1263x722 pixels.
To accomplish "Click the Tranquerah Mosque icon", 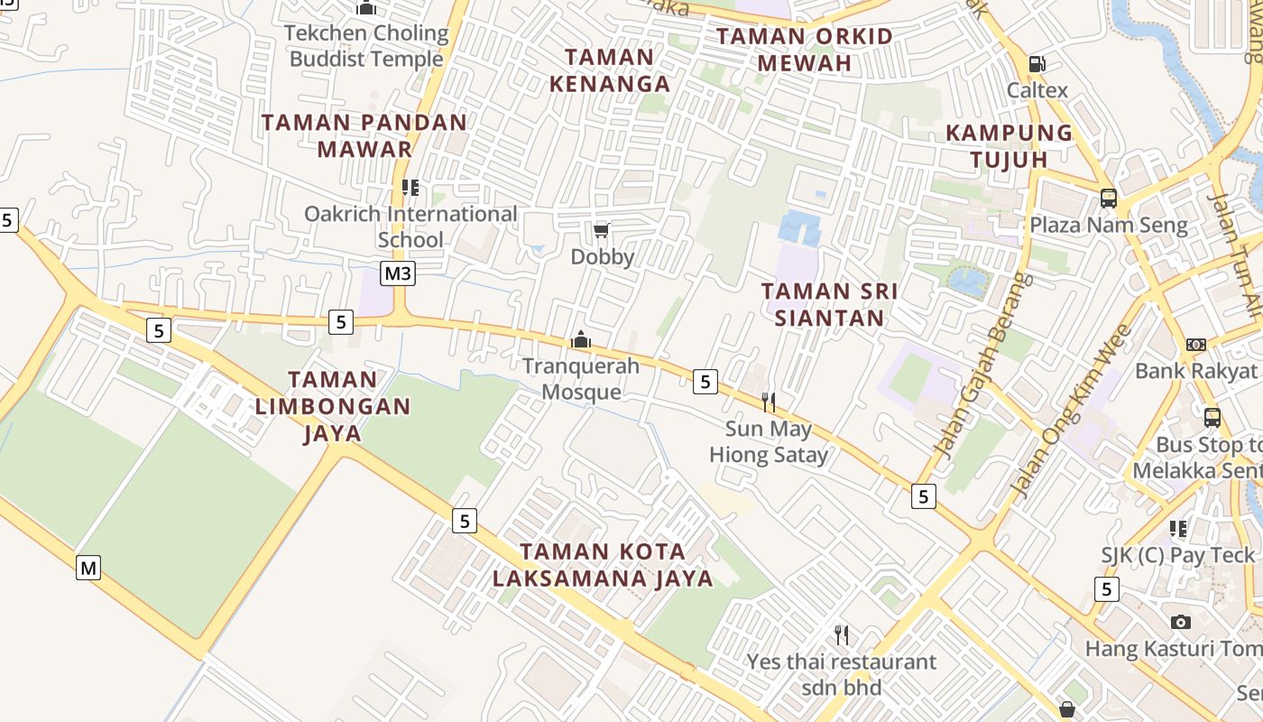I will click(581, 340).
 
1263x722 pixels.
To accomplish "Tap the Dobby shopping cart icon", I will click(602, 231).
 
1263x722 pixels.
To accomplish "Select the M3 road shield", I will click(398, 273).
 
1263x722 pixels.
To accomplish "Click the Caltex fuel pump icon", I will click(1037, 64).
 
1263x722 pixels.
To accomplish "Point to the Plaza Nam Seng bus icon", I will click(1109, 199).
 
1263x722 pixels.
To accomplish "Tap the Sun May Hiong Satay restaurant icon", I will click(769, 403).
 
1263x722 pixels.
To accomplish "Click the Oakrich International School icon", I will click(410, 188).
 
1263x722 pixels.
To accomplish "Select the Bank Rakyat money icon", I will click(1196, 345).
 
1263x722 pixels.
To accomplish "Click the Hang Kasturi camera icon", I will click(1180, 622).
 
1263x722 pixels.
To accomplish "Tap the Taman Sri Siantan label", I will click(829, 305).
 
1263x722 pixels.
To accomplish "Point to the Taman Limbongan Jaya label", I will click(333, 406).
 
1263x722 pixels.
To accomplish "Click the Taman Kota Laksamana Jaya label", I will click(604, 565).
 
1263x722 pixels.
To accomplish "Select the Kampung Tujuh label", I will click(1009, 146).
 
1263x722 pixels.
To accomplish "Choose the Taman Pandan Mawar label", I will click(364, 135).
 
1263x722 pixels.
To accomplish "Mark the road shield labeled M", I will click(88, 568).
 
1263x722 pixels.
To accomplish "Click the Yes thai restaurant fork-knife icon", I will click(842, 635).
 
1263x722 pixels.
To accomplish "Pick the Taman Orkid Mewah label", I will click(805, 50).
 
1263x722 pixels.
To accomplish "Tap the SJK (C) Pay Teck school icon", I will click(1178, 529).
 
